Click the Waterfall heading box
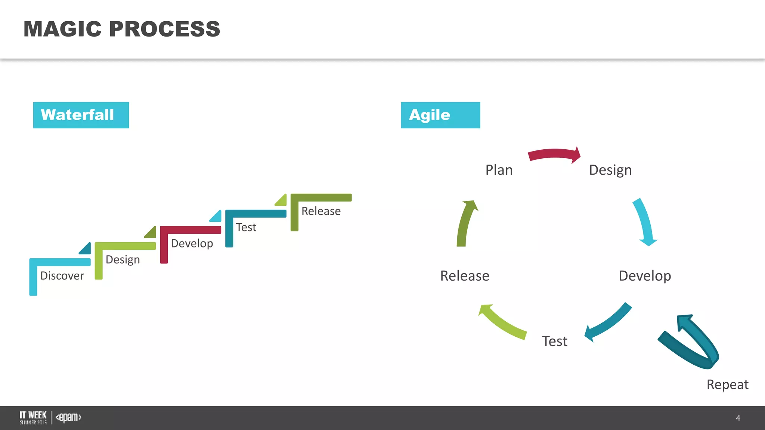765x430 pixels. click(x=81, y=115)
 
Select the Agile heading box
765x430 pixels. click(x=440, y=115)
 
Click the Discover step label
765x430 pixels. click(x=62, y=276)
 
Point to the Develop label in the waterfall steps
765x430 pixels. click(x=192, y=243)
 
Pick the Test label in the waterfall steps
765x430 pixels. click(x=246, y=227)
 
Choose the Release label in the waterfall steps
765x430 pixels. click(x=321, y=211)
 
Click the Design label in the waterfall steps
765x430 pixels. click(x=123, y=260)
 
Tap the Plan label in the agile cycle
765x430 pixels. click(x=499, y=170)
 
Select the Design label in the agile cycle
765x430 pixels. click(x=610, y=170)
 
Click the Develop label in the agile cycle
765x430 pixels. click(x=645, y=276)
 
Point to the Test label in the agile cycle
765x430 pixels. click(x=554, y=341)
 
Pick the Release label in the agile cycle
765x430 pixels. click(x=465, y=276)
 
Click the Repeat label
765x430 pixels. click(x=727, y=384)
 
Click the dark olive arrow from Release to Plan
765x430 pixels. click(x=465, y=224)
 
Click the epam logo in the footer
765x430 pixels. click(x=68, y=417)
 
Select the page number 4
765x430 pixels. click(x=737, y=418)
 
